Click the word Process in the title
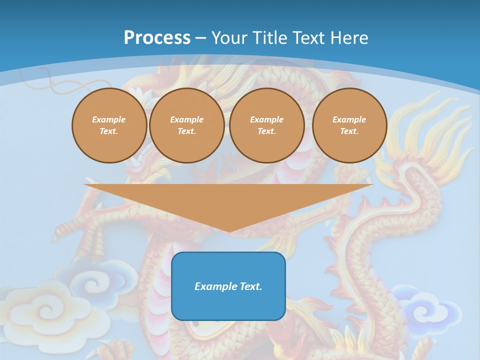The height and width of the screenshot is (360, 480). tap(157, 38)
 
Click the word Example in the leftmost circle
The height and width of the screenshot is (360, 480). tap(109, 119)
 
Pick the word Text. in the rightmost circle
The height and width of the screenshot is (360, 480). tap(349, 131)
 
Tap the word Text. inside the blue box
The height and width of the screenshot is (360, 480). tap(251, 286)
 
